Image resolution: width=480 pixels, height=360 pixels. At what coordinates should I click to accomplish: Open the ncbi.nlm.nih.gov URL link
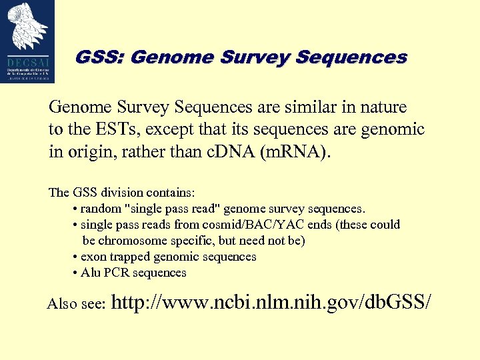click(271, 302)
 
